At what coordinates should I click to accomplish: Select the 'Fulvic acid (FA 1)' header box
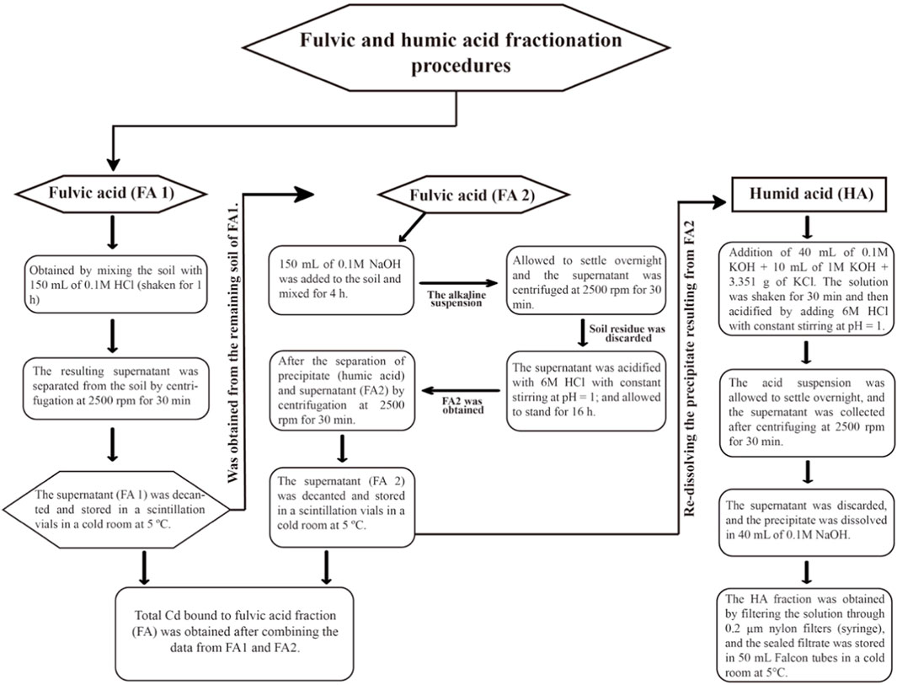(x=111, y=193)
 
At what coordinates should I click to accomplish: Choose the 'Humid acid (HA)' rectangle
(x=811, y=194)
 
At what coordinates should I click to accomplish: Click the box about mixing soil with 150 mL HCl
(x=113, y=285)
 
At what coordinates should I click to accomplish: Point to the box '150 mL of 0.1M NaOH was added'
(x=341, y=281)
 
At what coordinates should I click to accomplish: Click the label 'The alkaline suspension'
(x=456, y=298)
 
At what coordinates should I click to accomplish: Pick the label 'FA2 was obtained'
(x=462, y=404)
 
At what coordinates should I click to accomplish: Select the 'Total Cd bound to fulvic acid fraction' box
(x=235, y=634)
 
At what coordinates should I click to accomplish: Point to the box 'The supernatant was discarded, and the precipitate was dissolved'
(x=807, y=522)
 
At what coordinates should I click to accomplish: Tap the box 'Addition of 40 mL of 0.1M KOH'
(x=807, y=289)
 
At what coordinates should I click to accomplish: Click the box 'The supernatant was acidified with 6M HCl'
(x=586, y=389)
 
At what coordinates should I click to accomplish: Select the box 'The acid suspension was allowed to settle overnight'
(x=807, y=412)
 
